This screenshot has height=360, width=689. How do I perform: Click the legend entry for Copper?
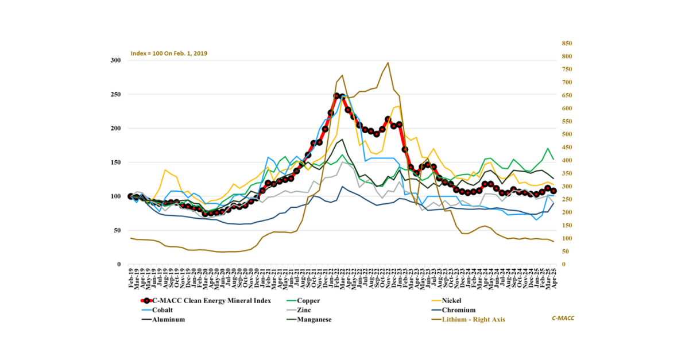pos(309,300)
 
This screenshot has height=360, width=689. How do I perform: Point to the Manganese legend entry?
pos(313,320)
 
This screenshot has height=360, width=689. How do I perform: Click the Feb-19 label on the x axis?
pos(131,279)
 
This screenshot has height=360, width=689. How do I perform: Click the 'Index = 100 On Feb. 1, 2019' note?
pos(169,53)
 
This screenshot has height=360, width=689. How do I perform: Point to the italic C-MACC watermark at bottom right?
pos(563,318)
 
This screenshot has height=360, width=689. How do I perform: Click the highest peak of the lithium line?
pos(388,63)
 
